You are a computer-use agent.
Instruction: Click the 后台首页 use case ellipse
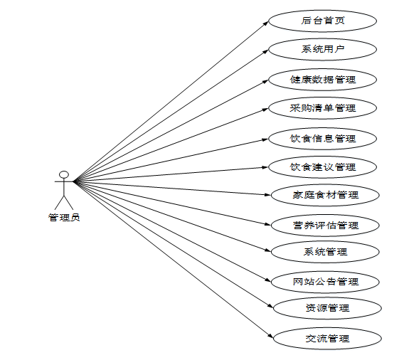323,21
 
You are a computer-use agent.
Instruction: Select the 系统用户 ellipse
323,50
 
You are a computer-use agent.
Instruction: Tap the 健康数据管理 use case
323,80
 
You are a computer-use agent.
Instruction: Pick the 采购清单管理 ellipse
323,108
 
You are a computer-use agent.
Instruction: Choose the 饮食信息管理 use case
323,139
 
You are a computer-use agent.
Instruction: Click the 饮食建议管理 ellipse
323,167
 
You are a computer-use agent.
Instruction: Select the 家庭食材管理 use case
325,195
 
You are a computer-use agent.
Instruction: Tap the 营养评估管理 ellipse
325,226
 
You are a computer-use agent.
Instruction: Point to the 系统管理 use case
325,252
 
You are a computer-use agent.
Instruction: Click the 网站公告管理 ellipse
325,282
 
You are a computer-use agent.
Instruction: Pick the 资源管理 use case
327,308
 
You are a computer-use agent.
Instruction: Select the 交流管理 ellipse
327,339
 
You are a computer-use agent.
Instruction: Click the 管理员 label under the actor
64,218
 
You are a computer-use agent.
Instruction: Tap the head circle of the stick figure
64,174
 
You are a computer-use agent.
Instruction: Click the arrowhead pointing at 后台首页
265,23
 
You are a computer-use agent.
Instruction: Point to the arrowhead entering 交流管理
270,336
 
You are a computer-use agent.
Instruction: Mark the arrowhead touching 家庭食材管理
267,195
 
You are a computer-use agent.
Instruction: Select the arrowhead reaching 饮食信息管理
265,139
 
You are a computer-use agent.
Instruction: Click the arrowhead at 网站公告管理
268,280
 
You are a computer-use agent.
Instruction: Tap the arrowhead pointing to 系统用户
265,51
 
